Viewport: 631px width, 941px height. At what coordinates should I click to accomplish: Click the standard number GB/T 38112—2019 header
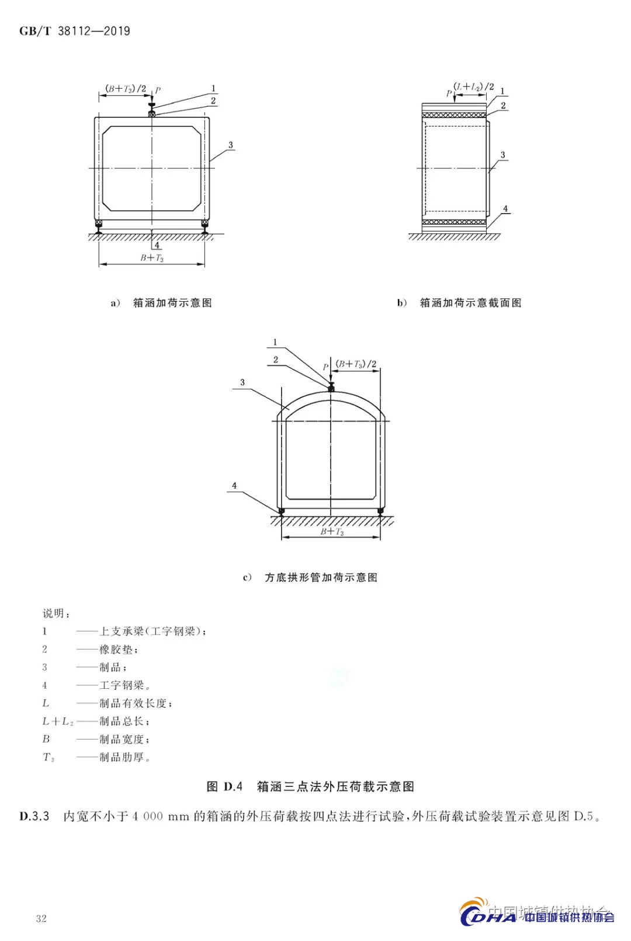74,31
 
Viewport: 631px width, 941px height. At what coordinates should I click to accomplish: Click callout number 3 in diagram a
230,145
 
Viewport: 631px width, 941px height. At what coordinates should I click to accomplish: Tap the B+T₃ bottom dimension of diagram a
152,257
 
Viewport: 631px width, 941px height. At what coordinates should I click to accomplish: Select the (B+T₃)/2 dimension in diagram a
126,89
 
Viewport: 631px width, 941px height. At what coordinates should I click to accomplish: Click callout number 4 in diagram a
157,245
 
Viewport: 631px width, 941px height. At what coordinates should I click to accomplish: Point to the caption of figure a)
161,302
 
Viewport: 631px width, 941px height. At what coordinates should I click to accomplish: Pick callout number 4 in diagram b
505,208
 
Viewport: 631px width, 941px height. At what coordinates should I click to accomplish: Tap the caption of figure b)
459,302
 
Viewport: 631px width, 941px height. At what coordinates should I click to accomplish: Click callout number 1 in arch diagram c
275,342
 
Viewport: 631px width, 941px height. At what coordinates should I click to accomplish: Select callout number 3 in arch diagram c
242,382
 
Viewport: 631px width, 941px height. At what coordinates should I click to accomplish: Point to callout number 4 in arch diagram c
234,485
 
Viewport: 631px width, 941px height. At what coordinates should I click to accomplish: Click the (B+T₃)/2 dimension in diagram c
356,364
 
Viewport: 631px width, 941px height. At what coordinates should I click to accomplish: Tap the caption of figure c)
310,577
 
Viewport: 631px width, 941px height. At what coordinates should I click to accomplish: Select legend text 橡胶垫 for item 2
117,649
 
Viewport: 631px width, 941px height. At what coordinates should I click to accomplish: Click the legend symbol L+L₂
57,722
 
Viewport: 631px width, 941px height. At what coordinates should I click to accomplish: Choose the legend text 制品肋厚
122,757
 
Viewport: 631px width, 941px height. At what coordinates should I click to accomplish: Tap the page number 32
41,918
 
